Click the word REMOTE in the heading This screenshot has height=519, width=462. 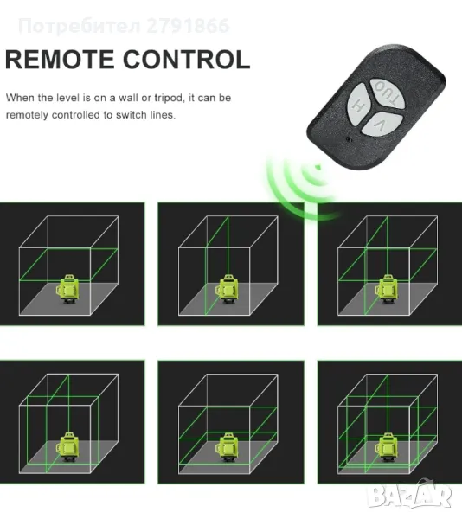coord(59,60)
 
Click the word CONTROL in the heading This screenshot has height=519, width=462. coord(187,60)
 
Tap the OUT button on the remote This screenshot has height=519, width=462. coord(387,93)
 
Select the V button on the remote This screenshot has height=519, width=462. coord(382,124)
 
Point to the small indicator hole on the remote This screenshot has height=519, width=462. coord(348,138)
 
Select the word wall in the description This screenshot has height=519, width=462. coord(128,98)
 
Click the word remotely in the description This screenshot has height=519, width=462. coord(27,115)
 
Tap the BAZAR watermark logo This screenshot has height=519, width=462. coord(410,496)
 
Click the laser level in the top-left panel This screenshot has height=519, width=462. coord(68,289)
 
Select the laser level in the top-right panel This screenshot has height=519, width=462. coord(387,289)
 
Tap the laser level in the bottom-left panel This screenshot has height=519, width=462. coord(68,447)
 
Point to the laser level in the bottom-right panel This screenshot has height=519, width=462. coord(387,447)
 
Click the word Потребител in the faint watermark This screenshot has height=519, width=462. coord(80,27)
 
